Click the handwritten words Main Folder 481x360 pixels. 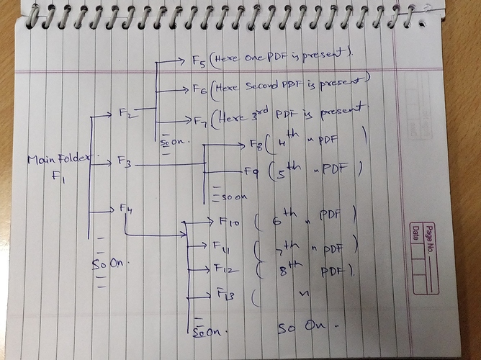click(x=52, y=161)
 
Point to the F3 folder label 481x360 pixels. click(x=124, y=163)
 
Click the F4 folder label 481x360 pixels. click(x=126, y=209)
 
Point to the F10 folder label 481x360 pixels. click(x=228, y=222)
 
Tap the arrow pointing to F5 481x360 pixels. click(x=173, y=60)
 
